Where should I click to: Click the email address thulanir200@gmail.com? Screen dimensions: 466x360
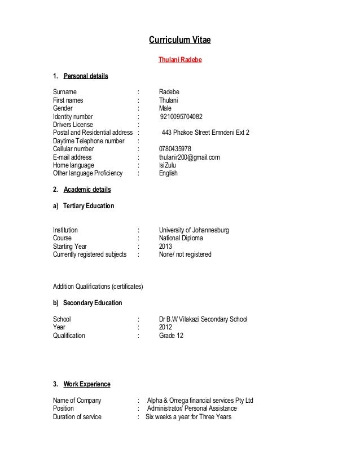pos(189,157)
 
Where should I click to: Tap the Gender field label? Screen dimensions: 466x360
pos(63,109)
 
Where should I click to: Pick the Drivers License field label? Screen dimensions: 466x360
pos(73,125)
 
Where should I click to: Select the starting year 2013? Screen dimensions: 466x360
pos(166,247)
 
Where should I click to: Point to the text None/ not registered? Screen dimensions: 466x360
pos(185,254)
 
